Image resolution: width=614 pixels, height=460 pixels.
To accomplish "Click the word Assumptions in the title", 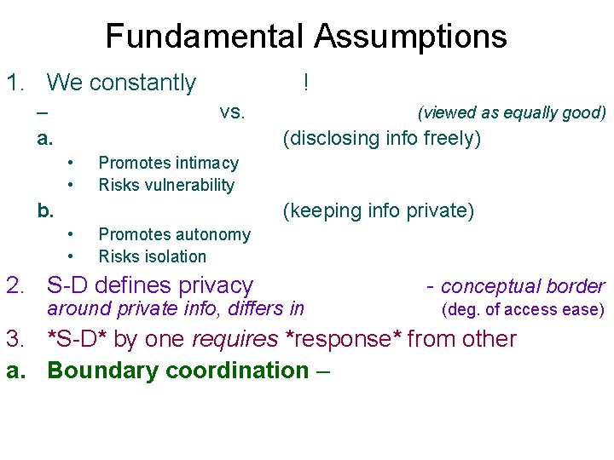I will pyautogui.click(x=410, y=37).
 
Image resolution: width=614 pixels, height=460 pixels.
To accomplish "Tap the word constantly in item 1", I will pyautogui.click(x=142, y=83).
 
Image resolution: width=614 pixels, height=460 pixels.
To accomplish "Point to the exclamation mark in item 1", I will pyautogui.click(x=305, y=82).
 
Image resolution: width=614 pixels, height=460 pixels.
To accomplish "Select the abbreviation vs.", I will pyautogui.click(x=232, y=112).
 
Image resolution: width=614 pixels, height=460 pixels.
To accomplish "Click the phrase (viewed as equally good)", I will pyautogui.click(x=511, y=112).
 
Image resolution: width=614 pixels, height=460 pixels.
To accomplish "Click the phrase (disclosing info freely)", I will pyautogui.click(x=382, y=138).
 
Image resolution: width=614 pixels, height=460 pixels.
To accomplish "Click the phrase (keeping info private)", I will pyautogui.click(x=379, y=210).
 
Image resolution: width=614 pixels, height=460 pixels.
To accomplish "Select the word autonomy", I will pyautogui.click(x=211, y=234).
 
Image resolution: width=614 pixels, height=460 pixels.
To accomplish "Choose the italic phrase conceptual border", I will pyautogui.click(x=522, y=286).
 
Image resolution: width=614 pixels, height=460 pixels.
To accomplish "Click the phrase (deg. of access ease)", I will pyautogui.click(x=522, y=309).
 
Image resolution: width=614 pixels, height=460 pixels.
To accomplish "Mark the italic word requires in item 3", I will pyautogui.click(x=235, y=339).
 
